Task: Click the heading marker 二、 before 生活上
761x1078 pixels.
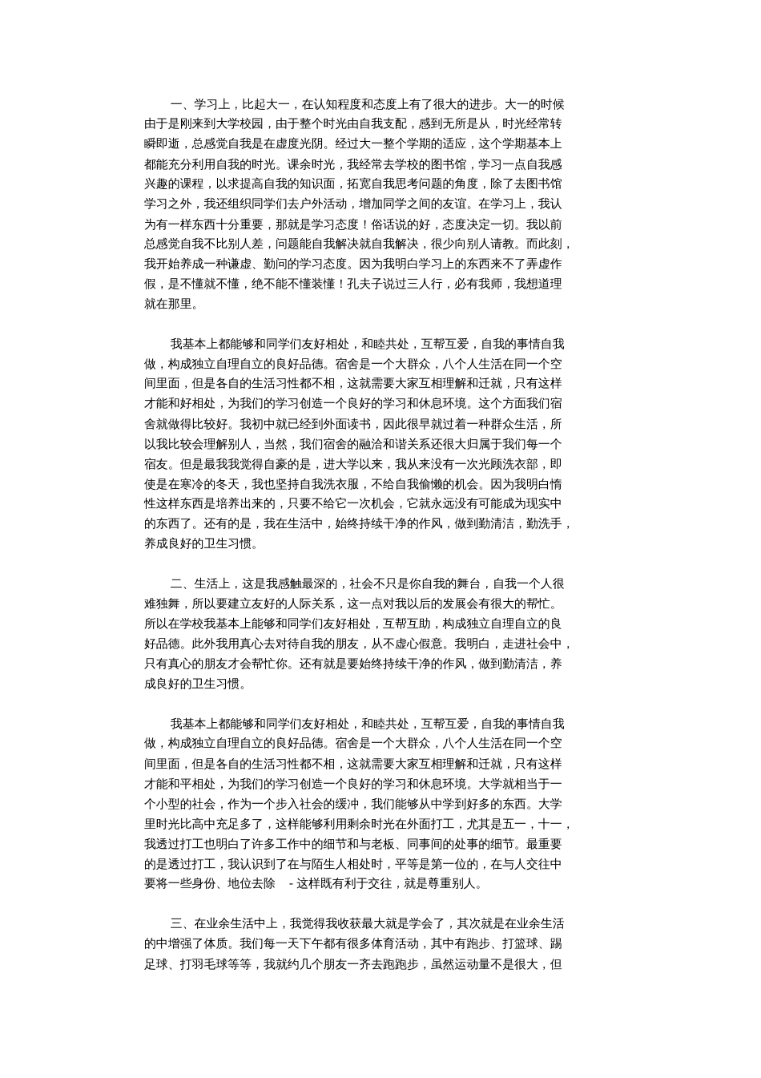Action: [x=177, y=583]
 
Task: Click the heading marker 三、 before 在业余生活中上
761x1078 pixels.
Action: [x=177, y=923]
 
